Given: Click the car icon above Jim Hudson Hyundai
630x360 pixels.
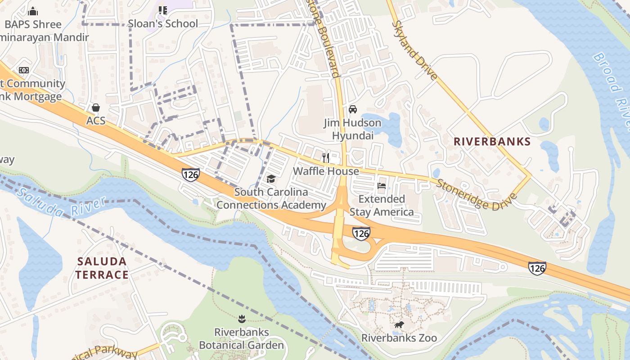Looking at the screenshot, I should pyautogui.click(x=353, y=109).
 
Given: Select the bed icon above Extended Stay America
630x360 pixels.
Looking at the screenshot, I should pyautogui.click(x=382, y=185).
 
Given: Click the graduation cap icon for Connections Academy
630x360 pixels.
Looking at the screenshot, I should pyautogui.click(x=271, y=179).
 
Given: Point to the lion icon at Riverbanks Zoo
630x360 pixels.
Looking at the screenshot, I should pyautogui.click(x=399, y=325).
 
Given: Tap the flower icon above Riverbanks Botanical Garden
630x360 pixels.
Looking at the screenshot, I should pyautogui.click(x=242, y=319).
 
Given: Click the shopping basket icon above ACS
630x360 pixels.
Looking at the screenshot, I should pyautogui.click(x=95, y=108).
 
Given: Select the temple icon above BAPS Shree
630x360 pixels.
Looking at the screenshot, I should pyautogui.click(x=33, y=11).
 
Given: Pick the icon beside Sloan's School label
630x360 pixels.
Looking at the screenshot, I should pyautogui.click(x=163, y=10).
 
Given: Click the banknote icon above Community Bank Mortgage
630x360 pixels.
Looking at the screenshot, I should pyautogui.click(x=24, y=70).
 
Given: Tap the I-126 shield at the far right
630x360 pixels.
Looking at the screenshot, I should pyautogui.click(x=537, y=268).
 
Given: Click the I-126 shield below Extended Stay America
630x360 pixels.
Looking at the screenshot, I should pyautogui.click(x=361, y=233).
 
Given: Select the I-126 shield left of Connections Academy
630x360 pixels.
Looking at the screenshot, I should pyautogui.click(x=191, y=175).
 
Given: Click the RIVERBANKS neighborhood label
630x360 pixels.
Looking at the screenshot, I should pyautogui.click(x=492, y=141).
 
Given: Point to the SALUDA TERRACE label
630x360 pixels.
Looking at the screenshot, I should pyautogui.click(x=102, y=268).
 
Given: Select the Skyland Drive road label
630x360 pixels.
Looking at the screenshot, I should pyautogui.click(x=414, y=50).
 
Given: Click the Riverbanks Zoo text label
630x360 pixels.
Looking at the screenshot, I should pyautogui.click(x=399, y=337).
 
